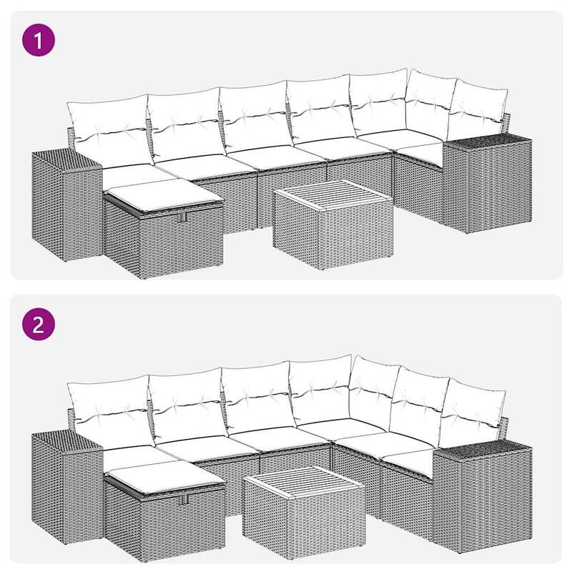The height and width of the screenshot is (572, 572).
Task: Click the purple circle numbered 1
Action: [x=40, y=40]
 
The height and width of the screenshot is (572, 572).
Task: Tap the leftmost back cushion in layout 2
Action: [x=109, y=408]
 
